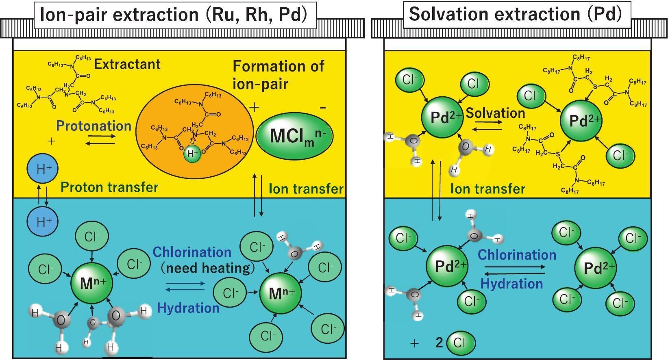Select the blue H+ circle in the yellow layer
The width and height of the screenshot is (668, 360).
pos(42,169)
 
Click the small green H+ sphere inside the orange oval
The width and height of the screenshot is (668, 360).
pos(191,154)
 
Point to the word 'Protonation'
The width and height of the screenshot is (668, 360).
pos(94,126)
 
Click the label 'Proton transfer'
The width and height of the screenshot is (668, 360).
pos(109,187)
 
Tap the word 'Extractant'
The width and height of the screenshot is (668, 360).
pos(127,64)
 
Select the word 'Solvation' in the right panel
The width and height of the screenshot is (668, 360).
pos(495,113)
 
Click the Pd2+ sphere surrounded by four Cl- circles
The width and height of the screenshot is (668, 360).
pos(596,268)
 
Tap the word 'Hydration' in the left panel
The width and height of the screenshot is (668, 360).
pos(188,308)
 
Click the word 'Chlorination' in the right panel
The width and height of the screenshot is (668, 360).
pos(517,255)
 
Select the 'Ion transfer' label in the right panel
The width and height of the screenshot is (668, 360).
pos(487,189)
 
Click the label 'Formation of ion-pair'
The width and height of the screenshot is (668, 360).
pos(278,75)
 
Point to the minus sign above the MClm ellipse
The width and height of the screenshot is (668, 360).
pos(323,108)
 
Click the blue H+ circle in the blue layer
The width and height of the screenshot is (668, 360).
pos(42,221)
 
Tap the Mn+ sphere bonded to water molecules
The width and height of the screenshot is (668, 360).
pos(91,283)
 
